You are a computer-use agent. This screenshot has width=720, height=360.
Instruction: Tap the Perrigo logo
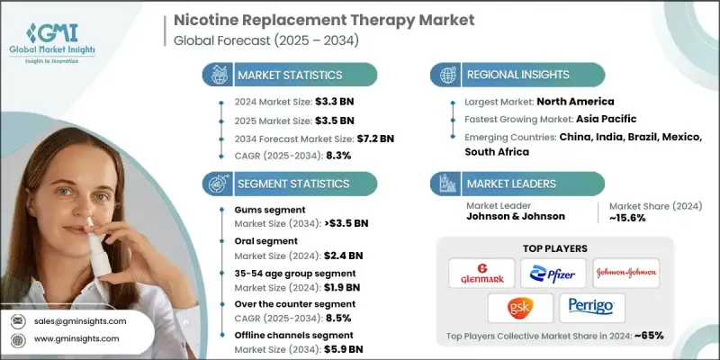pos(591,308)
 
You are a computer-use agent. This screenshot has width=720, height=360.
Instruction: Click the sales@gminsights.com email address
pos(81,321)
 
